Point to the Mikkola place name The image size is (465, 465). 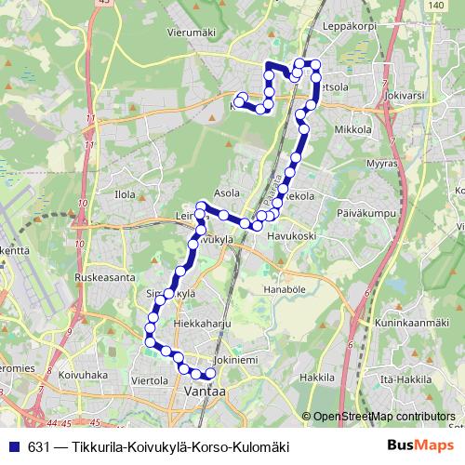[x=352, y=130]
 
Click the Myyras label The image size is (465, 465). [x=381, y=164]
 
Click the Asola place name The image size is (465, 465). [x=227, y=193]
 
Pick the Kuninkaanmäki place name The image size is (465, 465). [x=407, y=322]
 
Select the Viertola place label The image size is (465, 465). [x=149, y=380]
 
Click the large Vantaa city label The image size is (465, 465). [x=205, y=392]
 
